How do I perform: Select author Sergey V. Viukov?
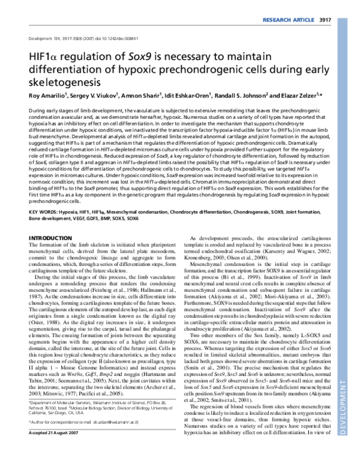pos(97,97)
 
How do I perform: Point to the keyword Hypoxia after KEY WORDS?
pos(77,213)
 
